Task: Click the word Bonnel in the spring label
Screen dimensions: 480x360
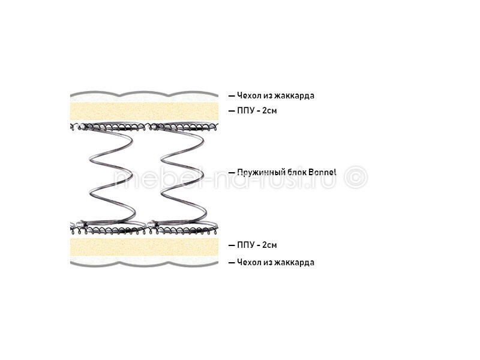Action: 322,172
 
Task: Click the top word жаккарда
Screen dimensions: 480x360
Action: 294,96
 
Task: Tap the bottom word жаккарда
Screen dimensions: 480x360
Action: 294,263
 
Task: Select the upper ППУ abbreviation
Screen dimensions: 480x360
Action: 245,110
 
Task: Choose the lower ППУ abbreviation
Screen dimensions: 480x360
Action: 245,245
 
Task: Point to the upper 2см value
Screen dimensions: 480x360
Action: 269,110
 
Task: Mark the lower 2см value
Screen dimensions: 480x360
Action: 269,245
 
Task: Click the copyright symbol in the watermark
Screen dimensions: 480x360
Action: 356,178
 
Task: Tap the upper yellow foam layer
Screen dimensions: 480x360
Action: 144,112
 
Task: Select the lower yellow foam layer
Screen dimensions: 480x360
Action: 144,247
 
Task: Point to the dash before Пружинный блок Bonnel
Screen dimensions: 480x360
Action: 232,173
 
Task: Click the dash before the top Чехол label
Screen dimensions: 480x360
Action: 232,96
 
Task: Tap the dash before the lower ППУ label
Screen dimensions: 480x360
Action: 232,245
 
